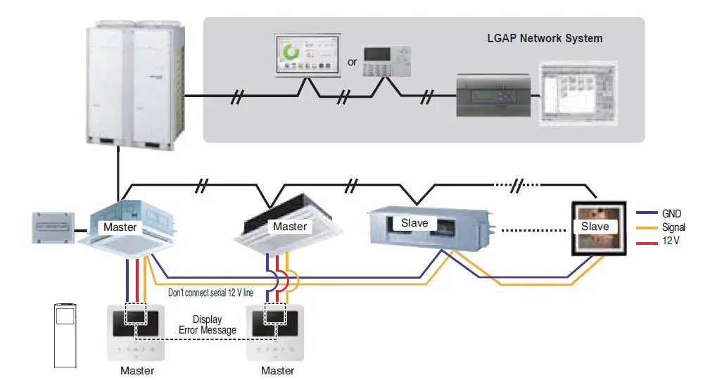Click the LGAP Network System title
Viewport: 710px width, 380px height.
tap(545, 39)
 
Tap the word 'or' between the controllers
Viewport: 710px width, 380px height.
tap(353, 62)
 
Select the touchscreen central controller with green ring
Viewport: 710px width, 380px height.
tap(308, 55)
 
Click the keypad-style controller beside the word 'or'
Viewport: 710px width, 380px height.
tap(386, 61)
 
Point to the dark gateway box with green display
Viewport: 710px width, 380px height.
tap(493, 96)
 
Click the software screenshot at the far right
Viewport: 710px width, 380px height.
tap(578, 93)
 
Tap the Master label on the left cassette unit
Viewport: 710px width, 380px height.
tap(120, 227)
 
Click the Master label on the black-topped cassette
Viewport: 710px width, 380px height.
tap(290, 227)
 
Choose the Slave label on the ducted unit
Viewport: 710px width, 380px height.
tap(414, 223)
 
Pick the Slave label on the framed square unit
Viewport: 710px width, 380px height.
tap(595, 227)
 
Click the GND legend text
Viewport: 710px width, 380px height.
tap(671, 213)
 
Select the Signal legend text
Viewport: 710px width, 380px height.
tap(673, 227)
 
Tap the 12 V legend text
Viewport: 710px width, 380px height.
tap(671, 241)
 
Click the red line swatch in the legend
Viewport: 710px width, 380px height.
tap(647, 243)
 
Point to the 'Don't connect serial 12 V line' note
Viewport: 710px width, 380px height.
tap(211, 293)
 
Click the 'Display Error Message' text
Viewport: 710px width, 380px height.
tap(208, 324)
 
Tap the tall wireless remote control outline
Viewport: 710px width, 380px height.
tap(65, 335)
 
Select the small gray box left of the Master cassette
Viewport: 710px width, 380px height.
tap(53, 227)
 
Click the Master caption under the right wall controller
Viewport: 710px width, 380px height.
tap(277, 370)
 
